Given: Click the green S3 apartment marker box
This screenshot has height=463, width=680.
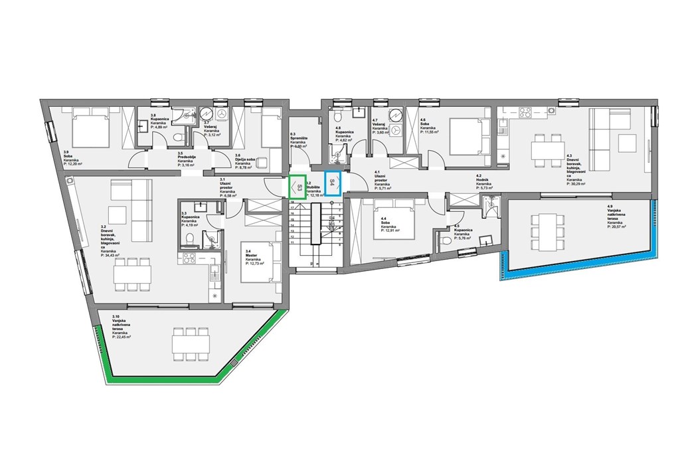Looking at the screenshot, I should (298, 187).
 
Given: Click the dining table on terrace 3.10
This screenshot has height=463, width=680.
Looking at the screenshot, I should (191, 343).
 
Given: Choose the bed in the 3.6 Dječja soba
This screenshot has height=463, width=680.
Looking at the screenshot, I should (270, 128).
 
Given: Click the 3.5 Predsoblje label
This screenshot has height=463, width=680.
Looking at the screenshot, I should (186, 160).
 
